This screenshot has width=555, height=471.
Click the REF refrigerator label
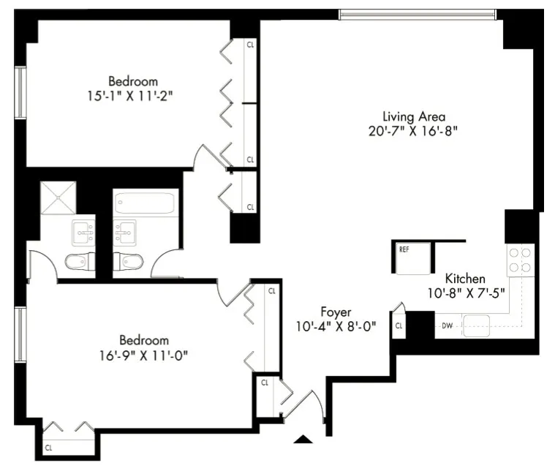(404, 249)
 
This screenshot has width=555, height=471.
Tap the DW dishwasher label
(447, 325)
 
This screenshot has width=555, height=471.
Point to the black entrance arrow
(303, 440)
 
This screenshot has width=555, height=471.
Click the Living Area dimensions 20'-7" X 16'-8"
(414, 132)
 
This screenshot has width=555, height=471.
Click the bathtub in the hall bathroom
(146, 202)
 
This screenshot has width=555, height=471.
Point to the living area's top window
(418, 15)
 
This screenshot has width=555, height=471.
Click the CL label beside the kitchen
(399, 325)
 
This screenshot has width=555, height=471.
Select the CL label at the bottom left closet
(49, 447)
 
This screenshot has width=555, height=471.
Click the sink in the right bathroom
(125, 233)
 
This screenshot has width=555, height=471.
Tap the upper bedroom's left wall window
(21, 91)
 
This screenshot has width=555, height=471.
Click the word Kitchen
(466, 279)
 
